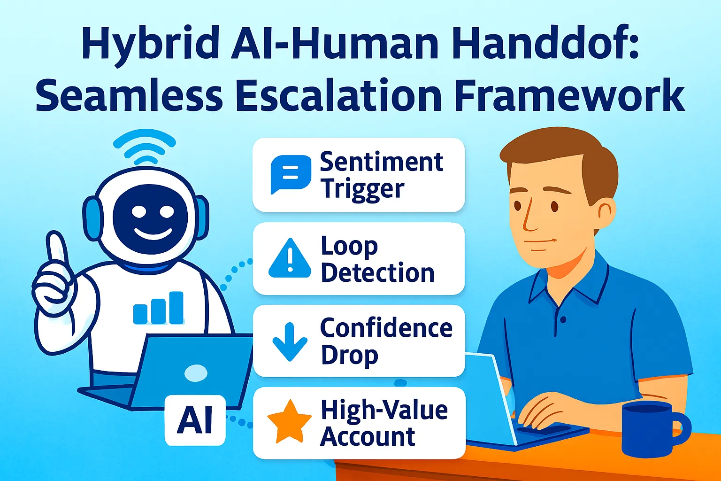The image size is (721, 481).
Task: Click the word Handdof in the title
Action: pyautogui.click(x=538, y=44)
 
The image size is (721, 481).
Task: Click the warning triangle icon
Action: pyautogui.click(x=290, y=259)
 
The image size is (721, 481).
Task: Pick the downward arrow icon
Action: pyautogui.click(x=290, y=341)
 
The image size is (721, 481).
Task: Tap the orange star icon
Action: pyautogui.click(x=289, y=421)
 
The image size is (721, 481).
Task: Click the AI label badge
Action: pyautogui.click(x=195, y=420)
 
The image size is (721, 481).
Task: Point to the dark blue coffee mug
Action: pyautogui.click(x=652, y=428)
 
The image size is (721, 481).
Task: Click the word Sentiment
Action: pyautogui.click(x=381, y=162)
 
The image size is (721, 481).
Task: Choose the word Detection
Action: pyautogui.click(x=377, y=273)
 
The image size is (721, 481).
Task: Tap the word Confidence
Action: pyautogui.click(x=386, y=328)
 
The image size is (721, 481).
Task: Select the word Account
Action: pyautogui.click(x=368, y=437)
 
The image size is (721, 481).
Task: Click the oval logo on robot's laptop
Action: pyautogui.click(x=196, y=373)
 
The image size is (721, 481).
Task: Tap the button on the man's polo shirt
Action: pyautogui.click(x=563, y=319)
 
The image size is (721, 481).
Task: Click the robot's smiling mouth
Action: pyautogui.click(x=153, y=233)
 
